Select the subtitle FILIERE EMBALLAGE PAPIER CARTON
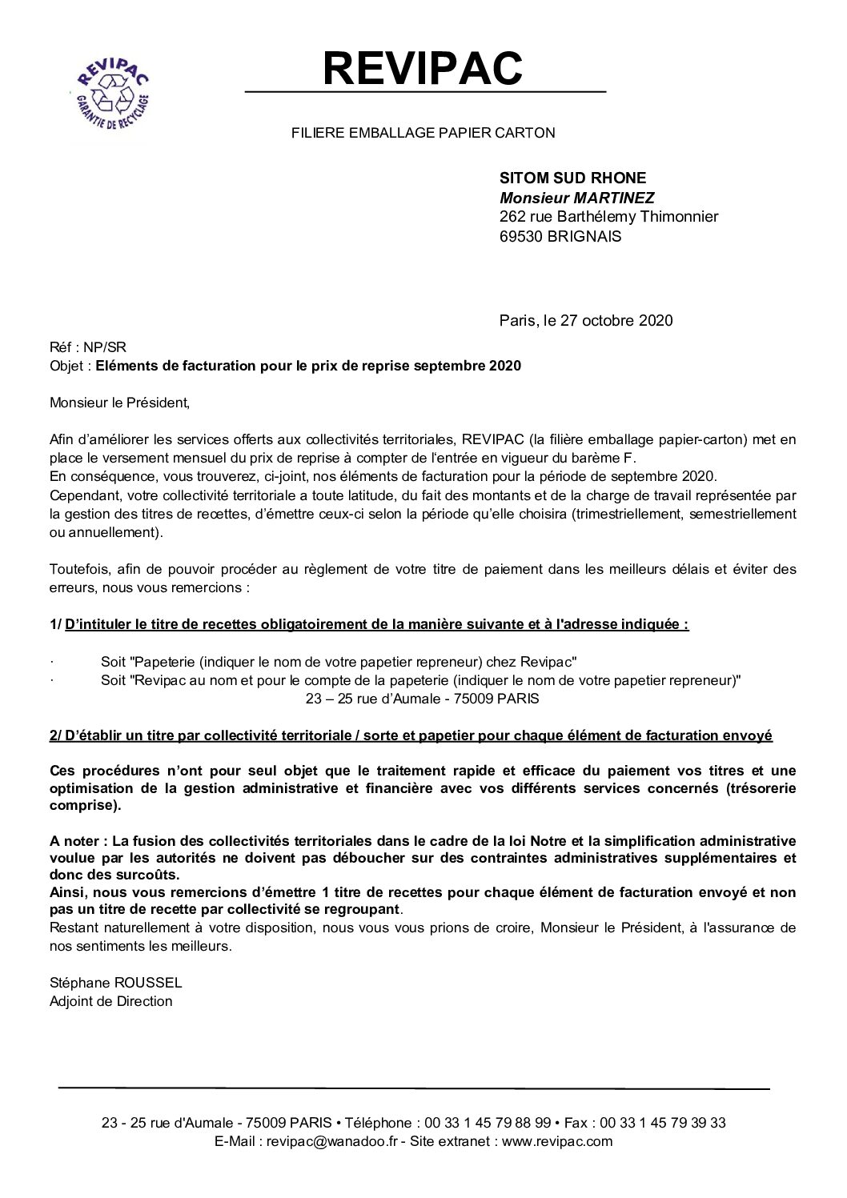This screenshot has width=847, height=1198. point(423,134)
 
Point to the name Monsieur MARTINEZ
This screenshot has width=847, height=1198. point(565,198)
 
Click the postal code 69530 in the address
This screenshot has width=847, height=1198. point(522,236)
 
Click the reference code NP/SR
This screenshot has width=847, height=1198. point(106,347)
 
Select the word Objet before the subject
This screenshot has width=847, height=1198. point(66,367)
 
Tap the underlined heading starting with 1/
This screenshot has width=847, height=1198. point(369,625)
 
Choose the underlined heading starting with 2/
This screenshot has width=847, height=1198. point(411,735)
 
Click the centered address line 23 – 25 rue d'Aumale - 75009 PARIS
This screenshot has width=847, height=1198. point(423,699)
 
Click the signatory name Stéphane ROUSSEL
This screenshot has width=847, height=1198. point(116,983)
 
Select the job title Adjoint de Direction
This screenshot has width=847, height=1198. point(110,1001)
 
